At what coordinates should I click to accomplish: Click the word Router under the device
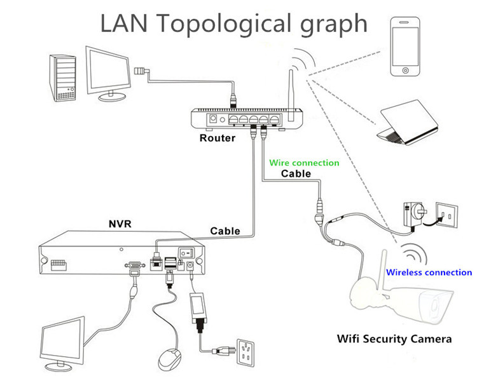(x=218, y=138)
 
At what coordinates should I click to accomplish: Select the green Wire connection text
(x=304, y=163)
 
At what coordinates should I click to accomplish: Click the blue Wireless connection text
(x=430, y=272)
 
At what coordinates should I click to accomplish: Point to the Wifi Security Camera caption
(x=394, y=339)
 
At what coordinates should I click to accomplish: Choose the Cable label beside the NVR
(x=225, y=231)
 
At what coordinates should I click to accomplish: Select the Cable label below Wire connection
(x=296, y=173)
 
